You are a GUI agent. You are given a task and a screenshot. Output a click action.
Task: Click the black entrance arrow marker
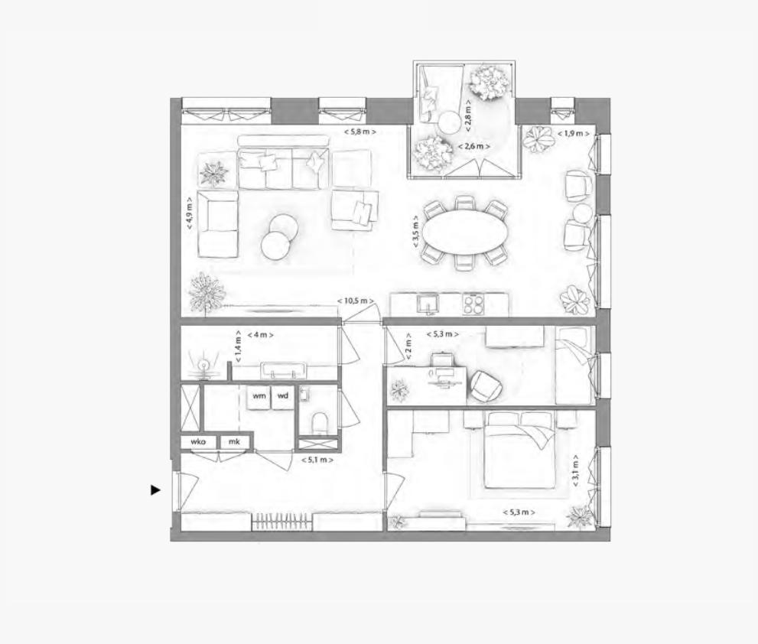pyautogui.click(x=156, y=490)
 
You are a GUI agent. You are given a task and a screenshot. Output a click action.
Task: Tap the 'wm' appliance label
pyautogui.click(x=259, y=396)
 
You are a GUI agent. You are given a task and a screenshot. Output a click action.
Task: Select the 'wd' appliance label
pyautogui.click(x=283, y=396)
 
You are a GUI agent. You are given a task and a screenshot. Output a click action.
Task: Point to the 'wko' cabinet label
pyautogui.click(x=199, y=442)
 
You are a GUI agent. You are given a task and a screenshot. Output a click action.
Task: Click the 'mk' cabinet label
pyautogui.click(x=234, y=442)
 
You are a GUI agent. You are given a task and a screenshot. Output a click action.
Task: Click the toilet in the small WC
pyautogui.click(x=320, y=421)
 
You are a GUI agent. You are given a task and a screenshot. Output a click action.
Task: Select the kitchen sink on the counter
pyautogui.click(x=429, y=304)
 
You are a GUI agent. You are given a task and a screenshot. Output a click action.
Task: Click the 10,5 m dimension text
pyautogui.click(x=354, y=301)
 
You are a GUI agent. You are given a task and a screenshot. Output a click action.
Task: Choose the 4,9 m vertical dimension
pyautogui.click(x=189, y=213)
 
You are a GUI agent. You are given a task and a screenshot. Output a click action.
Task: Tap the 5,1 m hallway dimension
pyautogui.click(x=317, y=460)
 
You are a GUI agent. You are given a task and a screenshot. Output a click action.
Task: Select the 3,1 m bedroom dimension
pyautogui.click(x=574, y=471)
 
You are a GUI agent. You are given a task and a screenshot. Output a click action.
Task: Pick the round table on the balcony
pyautogui.click(x=449, y=121)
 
